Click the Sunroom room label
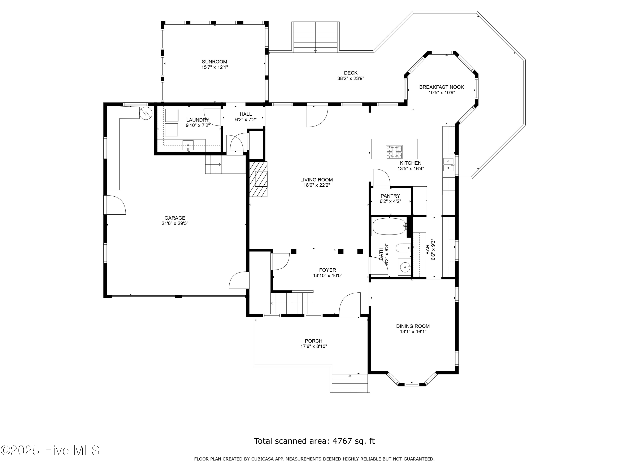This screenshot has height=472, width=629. point(214,62)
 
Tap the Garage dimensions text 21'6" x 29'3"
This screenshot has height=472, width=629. point(175,224)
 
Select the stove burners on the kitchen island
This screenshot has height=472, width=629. point(394,152)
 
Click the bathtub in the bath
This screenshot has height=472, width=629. point(390,227)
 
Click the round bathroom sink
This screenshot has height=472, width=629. point(404,267)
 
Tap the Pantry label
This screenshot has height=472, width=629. point(390,196)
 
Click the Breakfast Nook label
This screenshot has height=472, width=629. point(442,87)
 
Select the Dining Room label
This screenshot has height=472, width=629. point(413,326)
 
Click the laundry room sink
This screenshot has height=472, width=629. point(188,145)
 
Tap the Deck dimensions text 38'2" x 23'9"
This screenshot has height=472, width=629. point(351,78)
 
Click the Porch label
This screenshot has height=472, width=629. point(314,341)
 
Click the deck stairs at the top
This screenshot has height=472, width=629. point(316,37)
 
